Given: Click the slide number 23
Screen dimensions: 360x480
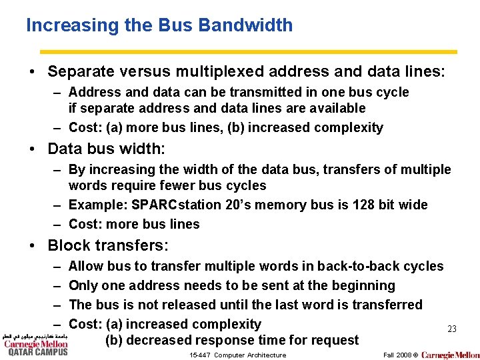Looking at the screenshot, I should pyautogui.click(x=451, y=329).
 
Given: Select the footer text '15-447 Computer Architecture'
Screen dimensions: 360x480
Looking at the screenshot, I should pyautogui.click(x=237, y=355).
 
